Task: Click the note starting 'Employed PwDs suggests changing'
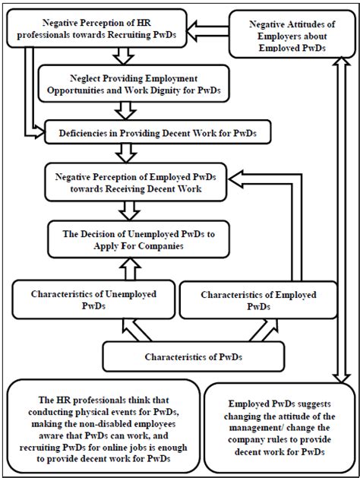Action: coord(281,428)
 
